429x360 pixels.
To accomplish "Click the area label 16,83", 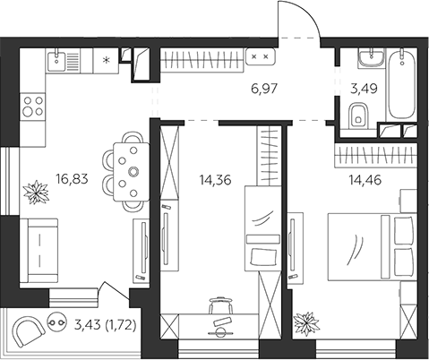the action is click(72, 179).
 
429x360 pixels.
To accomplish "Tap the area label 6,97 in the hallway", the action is click(265, 89).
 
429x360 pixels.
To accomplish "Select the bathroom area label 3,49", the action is click(365, 89).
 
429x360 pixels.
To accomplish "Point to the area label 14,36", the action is click(216, 180).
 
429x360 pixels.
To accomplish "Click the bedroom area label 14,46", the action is click(365, 180).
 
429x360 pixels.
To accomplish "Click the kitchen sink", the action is click(56, 61).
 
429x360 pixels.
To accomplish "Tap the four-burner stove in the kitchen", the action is click(33, 106).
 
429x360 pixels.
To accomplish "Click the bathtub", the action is click(402, 85).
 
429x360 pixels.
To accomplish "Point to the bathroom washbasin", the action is click(372, 58).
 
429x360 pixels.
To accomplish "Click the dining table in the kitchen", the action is click(132, 172).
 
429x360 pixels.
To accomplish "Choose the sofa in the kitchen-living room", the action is click(39, 250).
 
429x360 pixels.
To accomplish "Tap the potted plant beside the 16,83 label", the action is click(36, 193).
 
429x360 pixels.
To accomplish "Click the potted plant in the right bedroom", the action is click(306, 324).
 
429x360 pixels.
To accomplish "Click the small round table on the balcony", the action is click(56, 322).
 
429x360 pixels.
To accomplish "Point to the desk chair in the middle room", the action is click(221, 305).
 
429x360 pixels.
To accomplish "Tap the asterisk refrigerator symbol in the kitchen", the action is click(106, 61).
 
